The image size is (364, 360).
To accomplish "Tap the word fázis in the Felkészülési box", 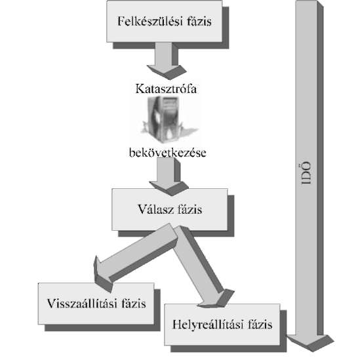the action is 199,21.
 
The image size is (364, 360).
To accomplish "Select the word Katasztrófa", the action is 166,89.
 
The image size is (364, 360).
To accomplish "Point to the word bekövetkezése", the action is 168,153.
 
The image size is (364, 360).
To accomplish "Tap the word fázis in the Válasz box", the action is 190,209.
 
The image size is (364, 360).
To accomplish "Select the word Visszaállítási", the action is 82,304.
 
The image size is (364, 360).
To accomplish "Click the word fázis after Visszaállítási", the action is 134,304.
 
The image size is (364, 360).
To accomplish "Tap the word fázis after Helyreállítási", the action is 260,325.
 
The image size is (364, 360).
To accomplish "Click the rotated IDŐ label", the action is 306,173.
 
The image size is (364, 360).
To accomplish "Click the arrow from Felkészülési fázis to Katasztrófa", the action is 167,61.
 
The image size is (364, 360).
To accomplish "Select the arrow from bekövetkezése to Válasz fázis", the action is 169,177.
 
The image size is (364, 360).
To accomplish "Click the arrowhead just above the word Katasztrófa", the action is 167,72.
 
